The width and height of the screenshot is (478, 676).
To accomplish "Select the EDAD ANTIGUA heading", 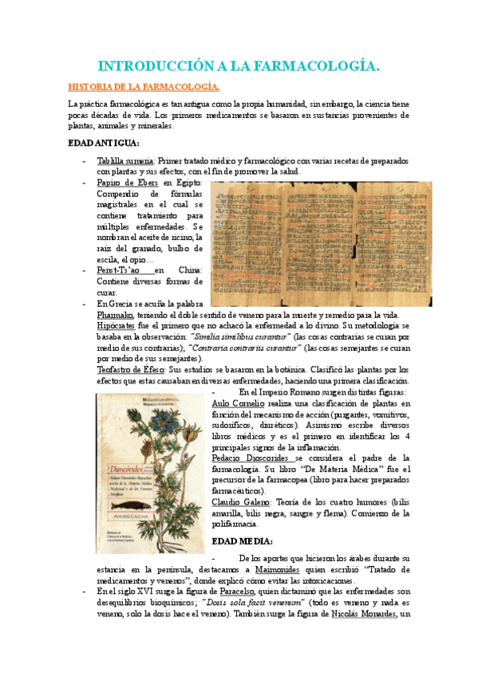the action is pos(104,143).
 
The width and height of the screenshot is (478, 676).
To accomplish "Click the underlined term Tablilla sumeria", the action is pos(126,162).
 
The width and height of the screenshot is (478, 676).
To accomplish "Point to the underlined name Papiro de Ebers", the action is pos(126,183).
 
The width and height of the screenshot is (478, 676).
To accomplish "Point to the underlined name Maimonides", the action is pos(301,571).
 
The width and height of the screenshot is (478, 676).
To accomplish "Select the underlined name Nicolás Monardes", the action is pos(349,615).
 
